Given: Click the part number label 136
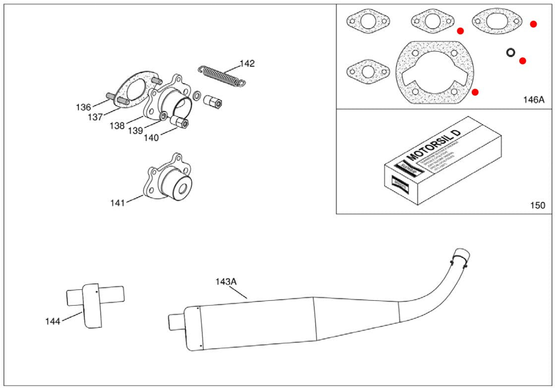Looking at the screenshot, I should tap(83, 107).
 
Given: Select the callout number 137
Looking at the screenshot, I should tap(96, 117).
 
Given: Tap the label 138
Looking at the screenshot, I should tap(117, 126).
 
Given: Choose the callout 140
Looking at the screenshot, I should tap(151, 138).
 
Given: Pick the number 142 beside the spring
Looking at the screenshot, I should tap(247, 63).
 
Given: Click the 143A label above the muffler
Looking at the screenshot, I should tap(226, 281).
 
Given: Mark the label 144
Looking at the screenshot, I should tap(53, 322).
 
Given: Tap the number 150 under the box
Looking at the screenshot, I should tap(537, 205).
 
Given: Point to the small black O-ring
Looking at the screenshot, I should tap(510, 52).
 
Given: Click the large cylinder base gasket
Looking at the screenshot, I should tap(433, 73).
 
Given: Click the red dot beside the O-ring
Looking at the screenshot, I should tap(522, 61).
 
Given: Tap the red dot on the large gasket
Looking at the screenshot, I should tap(475, 92).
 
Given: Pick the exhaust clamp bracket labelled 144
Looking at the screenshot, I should tap(92, 305).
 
